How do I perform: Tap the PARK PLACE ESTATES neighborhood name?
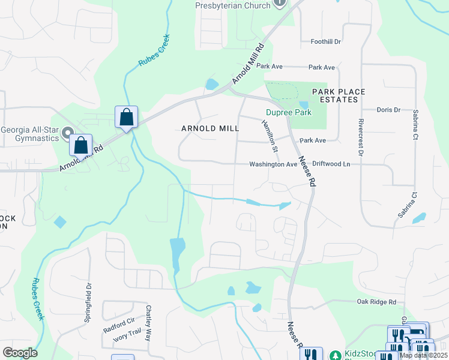point(339,95)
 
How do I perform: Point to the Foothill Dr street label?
point(325,42)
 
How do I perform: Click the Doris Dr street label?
point(388,110)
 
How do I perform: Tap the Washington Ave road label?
point(273,164)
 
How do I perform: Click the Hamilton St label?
point(270,135)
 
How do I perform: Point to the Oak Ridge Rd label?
point(376,302)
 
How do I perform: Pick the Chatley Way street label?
point(148,324)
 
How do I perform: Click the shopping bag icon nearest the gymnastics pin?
point(80,145)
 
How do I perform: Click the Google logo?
point(20,353)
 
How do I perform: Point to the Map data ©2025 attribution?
point(423,355)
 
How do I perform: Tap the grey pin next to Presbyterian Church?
point(279,4)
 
